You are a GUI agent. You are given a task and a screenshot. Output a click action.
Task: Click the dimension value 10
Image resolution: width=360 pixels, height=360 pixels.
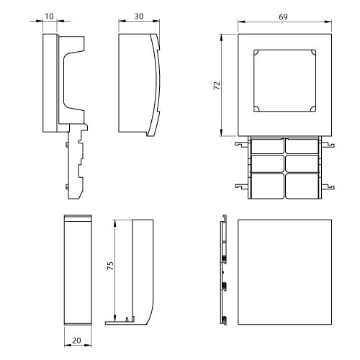pos(49,17)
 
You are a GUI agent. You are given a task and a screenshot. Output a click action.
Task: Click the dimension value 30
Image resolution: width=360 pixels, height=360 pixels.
pos(139,17)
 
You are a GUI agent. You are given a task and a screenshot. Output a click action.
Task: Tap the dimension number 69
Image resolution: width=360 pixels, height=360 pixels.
pos(283,17)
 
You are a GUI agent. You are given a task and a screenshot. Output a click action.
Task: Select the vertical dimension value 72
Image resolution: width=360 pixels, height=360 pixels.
pos(217,86)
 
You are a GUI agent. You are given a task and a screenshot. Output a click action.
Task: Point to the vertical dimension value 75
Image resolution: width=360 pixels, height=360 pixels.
pos(110,266)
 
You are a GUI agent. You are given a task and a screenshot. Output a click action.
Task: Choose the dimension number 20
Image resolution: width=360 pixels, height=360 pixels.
pos(76,341)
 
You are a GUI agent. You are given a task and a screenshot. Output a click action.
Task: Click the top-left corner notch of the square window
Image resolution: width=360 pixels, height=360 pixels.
pos(256,52)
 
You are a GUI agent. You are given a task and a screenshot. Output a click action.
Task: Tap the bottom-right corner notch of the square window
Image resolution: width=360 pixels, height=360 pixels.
pos(313,109)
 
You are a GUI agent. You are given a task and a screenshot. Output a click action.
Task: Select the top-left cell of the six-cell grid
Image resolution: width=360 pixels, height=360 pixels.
pos(268,146)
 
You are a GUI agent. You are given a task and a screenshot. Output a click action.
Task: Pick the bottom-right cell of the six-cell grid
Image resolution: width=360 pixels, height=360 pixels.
pos(302,186)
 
